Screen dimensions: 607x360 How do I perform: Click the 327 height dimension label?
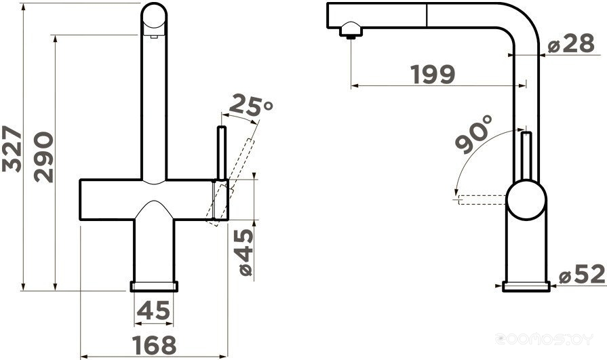[x=12, y=148]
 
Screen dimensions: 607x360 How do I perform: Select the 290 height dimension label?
[x=43, y=157]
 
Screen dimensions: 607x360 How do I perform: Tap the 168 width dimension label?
[x=154, y=345]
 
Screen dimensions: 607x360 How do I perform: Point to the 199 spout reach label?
[x=433, y=74]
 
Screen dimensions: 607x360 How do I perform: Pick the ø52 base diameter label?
[x=582, y=274]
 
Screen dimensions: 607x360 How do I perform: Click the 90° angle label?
[x=473, y=134]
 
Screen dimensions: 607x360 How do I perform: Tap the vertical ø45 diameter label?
[x=246, y=252]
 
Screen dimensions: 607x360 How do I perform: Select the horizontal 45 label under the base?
[x=154, y=310]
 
